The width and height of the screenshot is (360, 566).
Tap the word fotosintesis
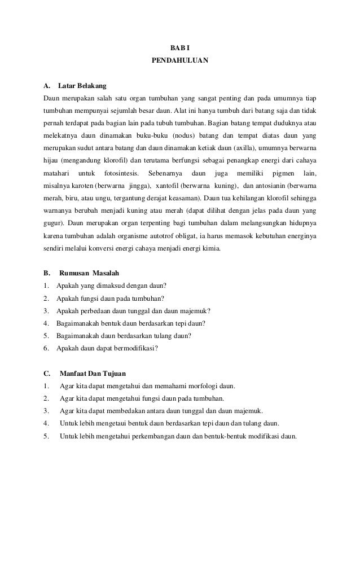point(120,173)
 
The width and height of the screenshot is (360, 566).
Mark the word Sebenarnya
point(163,173)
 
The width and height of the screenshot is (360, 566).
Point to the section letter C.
point(47,373)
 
